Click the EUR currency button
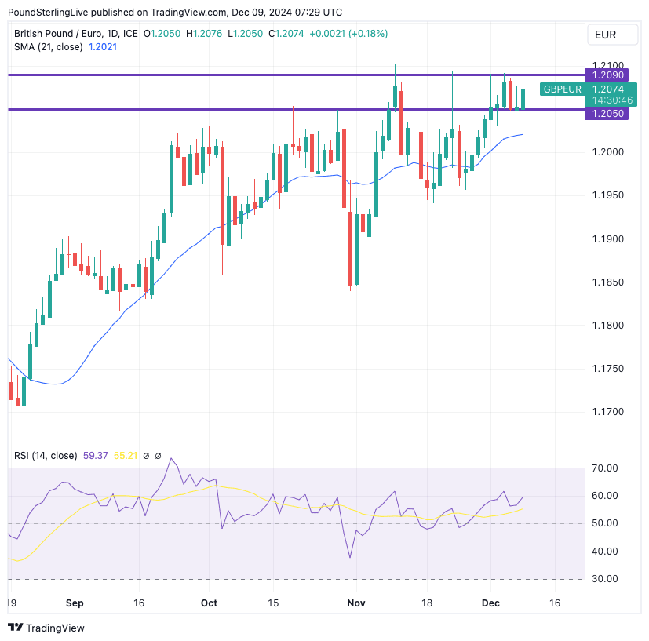605,35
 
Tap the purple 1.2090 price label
608,75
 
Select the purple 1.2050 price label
608,114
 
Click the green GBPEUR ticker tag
562,89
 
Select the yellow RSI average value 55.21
126,456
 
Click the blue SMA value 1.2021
103,47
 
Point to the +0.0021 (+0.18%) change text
348,34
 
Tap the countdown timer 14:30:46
608,100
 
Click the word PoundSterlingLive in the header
47,12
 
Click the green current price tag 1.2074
608,89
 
